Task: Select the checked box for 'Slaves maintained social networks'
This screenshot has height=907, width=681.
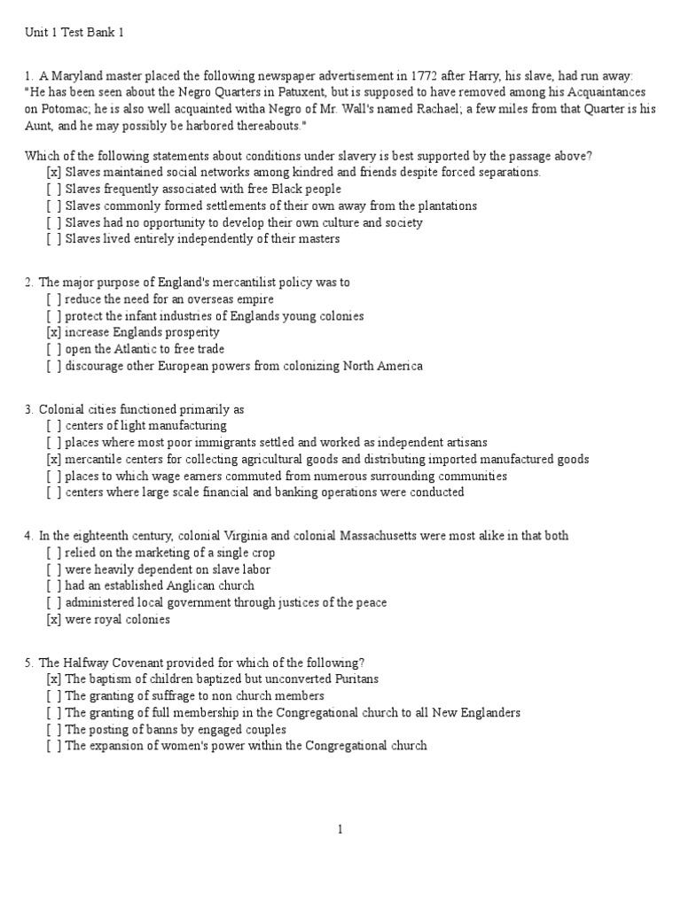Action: [54, 172]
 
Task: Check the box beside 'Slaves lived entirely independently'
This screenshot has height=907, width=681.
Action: [54, 239]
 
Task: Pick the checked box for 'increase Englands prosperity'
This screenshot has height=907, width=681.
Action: [54, 333]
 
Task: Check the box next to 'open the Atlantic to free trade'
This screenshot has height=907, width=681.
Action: [54, 350]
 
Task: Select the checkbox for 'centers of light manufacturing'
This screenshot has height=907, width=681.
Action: [54, 426]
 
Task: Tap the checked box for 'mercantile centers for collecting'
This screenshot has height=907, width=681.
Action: [54, 460]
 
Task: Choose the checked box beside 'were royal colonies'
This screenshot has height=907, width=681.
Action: [54, 620]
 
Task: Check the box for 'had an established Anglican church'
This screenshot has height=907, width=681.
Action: [54, 586]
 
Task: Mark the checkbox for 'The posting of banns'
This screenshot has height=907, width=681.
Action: [54, 730]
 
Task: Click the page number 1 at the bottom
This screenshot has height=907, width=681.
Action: [340, 830]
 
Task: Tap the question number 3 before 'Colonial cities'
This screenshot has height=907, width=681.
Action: [28, 409]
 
